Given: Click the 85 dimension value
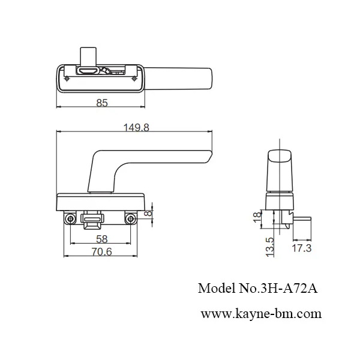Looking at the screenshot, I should [x=101, y=103].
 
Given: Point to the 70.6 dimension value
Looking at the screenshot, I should [x=101, y=253].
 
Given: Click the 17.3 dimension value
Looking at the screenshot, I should [x=300, y=247].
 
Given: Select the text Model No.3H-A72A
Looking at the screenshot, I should [x=257, y=288].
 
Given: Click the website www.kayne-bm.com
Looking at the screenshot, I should [x=260, y=313].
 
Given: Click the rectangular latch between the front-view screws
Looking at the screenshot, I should [x=92, y=223].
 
